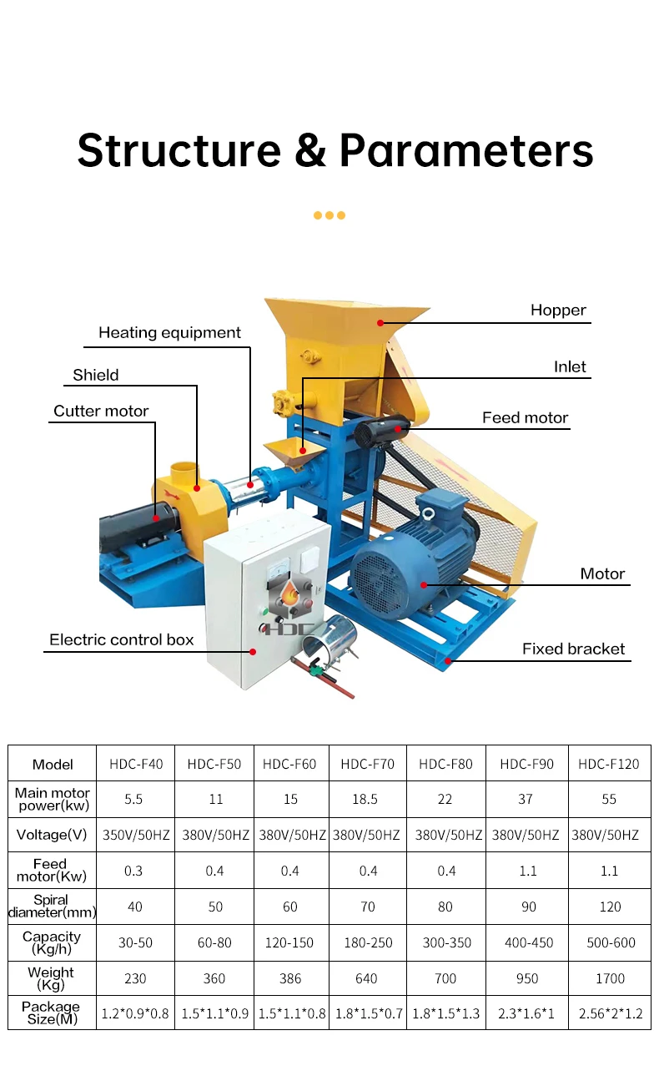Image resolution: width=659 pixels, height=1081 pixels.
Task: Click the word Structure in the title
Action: click(x=179, y=150)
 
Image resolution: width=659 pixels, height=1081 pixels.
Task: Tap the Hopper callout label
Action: click(x=558, y=311)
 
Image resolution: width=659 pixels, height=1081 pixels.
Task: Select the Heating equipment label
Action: click(x=169, y=333)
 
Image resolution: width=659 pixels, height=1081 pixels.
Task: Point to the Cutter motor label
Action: click(x=101, y=411)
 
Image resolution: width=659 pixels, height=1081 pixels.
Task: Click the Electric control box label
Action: click(x=121, y=640)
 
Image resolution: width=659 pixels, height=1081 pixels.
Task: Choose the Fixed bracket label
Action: click(x=573, y=649)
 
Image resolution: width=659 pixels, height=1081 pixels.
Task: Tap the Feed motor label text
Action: click(x=525, y=417)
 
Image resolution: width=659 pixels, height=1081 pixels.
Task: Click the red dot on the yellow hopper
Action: click(x=380, y=322)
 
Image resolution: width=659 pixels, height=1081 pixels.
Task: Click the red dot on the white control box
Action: click(x=253, y=651)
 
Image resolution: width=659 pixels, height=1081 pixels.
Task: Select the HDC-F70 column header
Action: click(x=367, y=764)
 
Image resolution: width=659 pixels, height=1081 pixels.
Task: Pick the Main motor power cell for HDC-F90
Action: click(x=525, y=799)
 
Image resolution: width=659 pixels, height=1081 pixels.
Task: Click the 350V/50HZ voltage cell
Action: click(x=134, y=835)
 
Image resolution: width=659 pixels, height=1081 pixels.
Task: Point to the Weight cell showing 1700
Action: click(x=609, y=978)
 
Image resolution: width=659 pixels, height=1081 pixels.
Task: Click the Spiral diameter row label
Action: click(x=51, y=907)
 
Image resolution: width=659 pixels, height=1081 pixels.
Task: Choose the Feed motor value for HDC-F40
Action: click(x=133, y=871)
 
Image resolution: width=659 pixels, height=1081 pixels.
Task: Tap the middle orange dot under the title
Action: click(x=329, y=215)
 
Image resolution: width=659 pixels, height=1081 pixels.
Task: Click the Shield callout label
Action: click(x=96, y=375)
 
